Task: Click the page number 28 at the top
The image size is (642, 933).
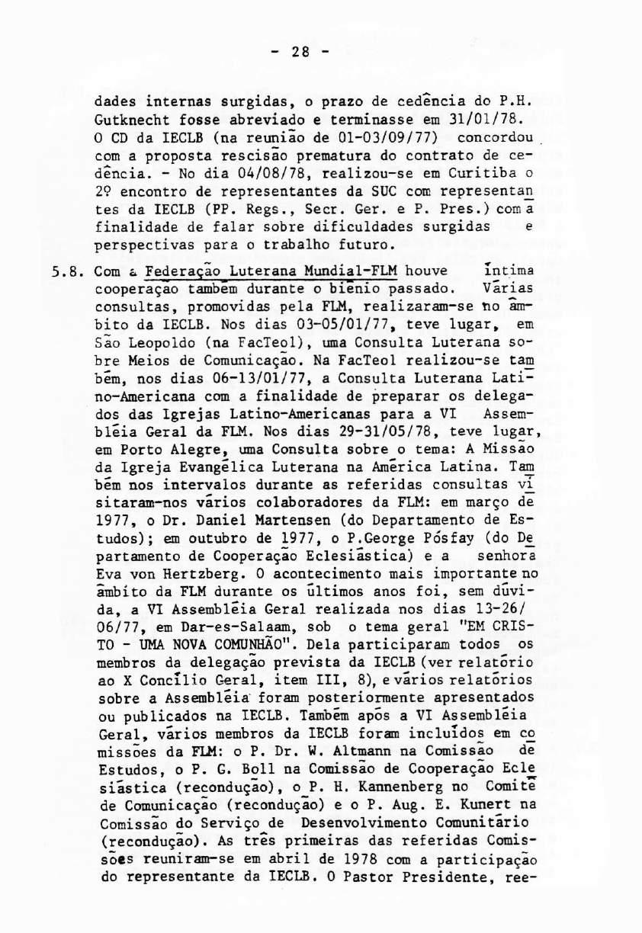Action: [300, 53]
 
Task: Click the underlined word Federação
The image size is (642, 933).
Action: [178, 270]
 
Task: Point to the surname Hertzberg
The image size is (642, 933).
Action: [185, 574]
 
